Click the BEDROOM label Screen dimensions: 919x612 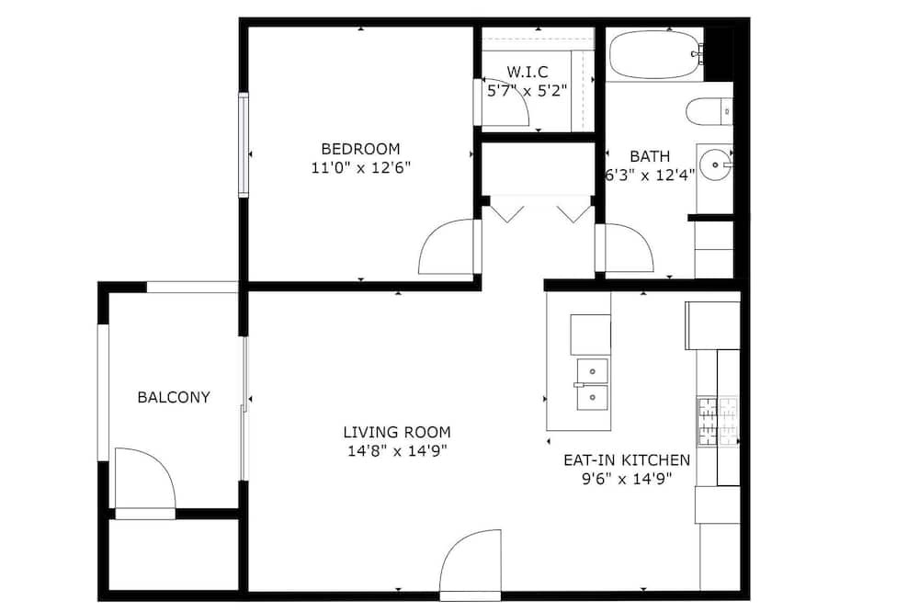click(360, 149)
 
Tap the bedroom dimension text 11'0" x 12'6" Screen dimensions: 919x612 click(360, 168)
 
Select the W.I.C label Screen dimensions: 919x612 click(528, 72)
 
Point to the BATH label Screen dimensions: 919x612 click(650, 156)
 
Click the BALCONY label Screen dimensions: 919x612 click(174, 398)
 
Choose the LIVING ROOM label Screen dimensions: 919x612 click(397, 433)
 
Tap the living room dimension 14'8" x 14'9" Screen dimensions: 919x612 click(397, 451)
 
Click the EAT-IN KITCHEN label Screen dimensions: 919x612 click(627, 460)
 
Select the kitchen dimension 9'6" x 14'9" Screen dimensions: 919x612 click(627, 480)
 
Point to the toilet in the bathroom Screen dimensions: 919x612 click(709, 111)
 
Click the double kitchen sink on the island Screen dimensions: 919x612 click(593, 384)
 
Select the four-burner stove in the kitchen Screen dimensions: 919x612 click(718, 422)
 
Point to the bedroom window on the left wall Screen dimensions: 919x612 click(244, 144)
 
